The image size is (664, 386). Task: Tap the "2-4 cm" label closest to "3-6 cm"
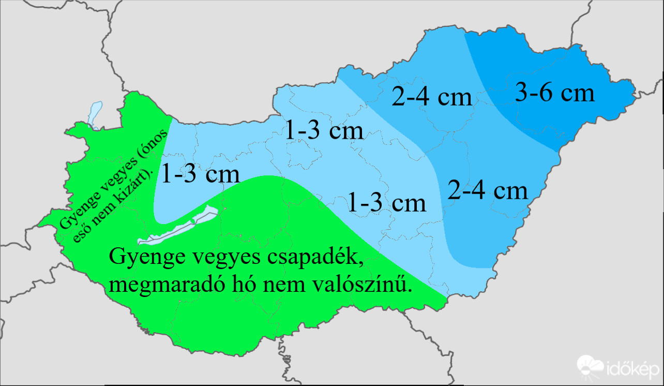(x=432, y=97)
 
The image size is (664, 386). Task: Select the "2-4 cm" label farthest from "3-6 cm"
(x=488, y=190)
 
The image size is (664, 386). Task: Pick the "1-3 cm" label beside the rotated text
(x=200, y=174)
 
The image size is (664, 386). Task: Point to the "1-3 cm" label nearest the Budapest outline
(x=324, y=130)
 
